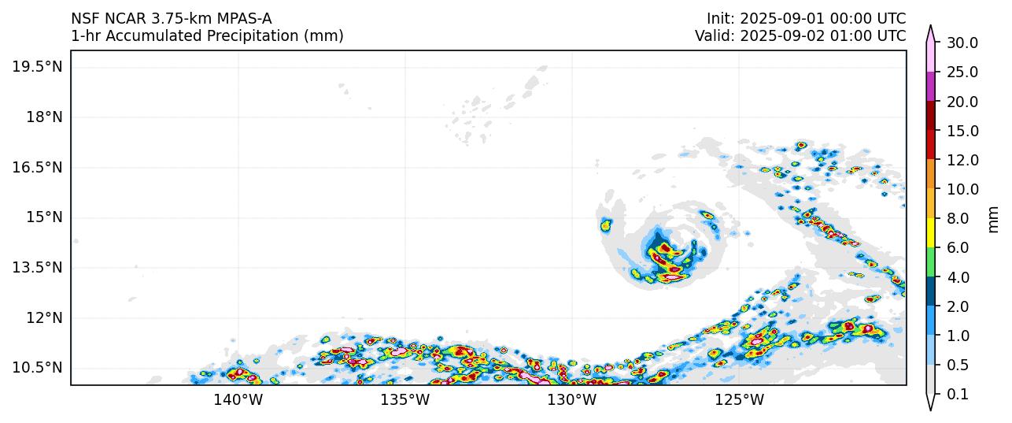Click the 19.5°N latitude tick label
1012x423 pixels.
click(37, 67)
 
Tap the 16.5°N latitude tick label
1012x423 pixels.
click(37, 168)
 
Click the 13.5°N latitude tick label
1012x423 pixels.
click(37, 268)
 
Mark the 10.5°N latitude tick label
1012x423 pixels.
click(37, 368)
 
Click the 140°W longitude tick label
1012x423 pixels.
click(238, 400)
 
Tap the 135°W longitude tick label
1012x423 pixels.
click(405, 400)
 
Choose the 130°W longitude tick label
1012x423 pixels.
click(572, 400)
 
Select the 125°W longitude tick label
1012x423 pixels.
click(740, 400)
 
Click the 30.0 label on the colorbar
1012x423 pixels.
click(962, 43)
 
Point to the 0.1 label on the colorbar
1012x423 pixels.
click(958, 395)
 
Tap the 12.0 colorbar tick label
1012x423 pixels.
click(962, 161)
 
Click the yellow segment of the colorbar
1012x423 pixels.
click(931, 233)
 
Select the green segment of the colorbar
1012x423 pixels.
click(931, 262)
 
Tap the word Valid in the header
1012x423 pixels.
click(714, 36)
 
